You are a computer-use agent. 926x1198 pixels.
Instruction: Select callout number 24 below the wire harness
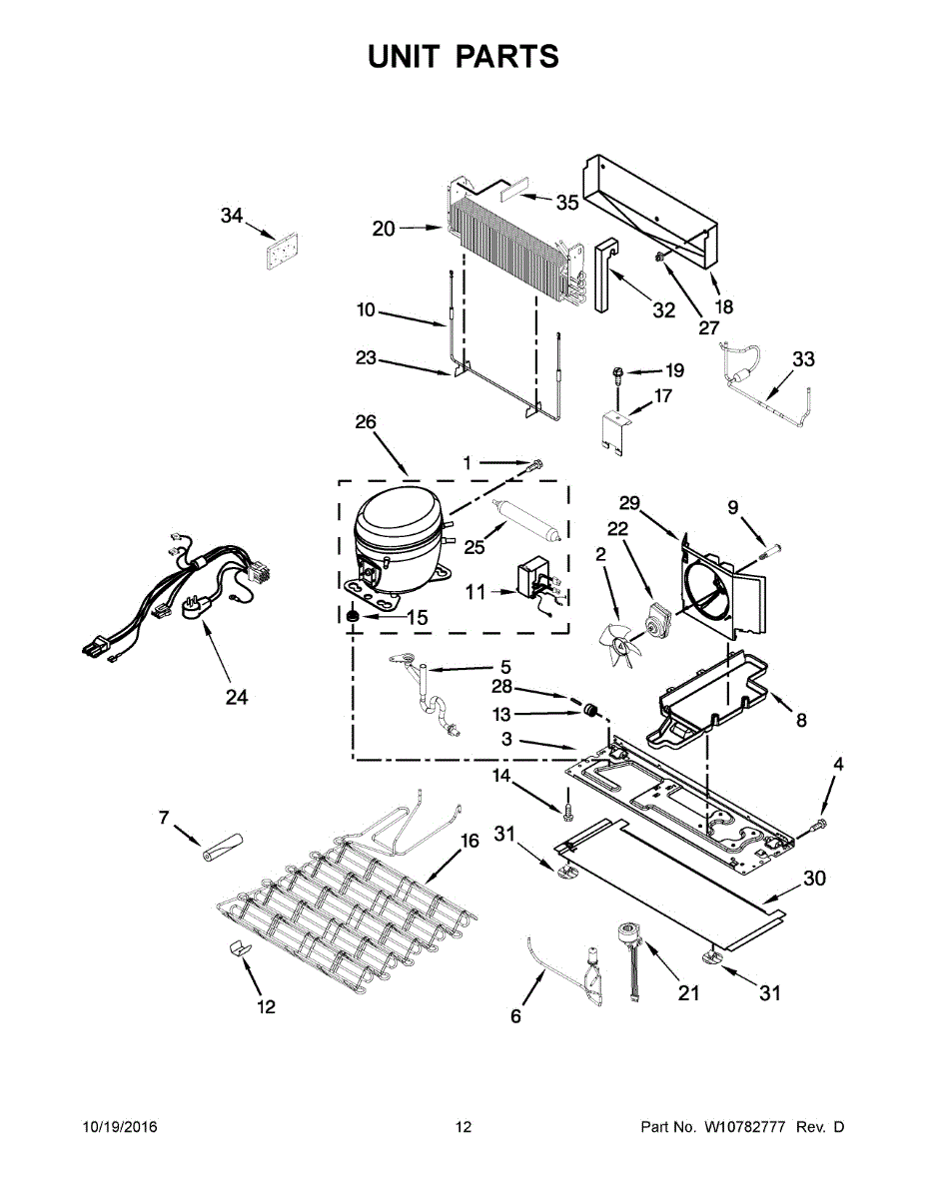(x=236, y=697)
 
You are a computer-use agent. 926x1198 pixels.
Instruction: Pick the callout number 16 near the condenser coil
(x=469, y=842)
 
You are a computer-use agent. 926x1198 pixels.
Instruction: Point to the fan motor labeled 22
(x=657, y=621)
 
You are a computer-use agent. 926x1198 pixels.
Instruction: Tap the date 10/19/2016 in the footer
(x=119, y=1127)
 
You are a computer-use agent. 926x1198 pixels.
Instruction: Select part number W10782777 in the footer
(x=749, y=1127)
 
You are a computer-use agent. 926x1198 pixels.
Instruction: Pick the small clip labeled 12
(x=238, y=947)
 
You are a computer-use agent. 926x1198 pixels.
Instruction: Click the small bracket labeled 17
(x=615, y=425)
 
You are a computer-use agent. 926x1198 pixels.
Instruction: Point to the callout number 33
(x=803, y=359)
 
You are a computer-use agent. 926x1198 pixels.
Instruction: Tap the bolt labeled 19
(x=618, y=375)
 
